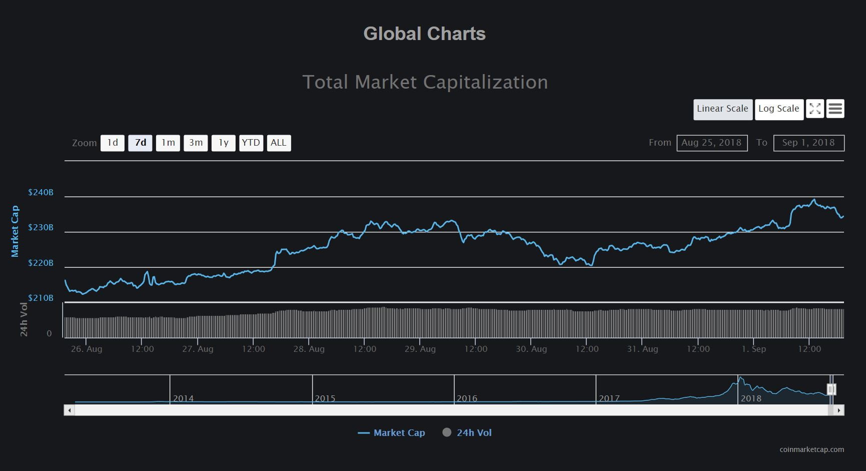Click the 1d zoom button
pos(113,143)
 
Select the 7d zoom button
pos(140,143)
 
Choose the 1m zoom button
pos(168,143)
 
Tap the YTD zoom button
pos(251,143)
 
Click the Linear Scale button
pos(722,109)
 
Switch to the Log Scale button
pos(778,109)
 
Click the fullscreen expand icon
pos(815,109)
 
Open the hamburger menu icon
pos(835,109)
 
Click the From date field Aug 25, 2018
pos(712,143)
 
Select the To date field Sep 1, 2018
pos(808,143)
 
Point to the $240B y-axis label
pos(41,193)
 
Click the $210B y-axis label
pos(41,298)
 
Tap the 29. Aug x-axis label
pos(420,349)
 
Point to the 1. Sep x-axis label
pos(753,349)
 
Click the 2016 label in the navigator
pos(467,399)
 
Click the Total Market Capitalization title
pos(425,82)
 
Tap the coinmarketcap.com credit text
pos(811,449)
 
